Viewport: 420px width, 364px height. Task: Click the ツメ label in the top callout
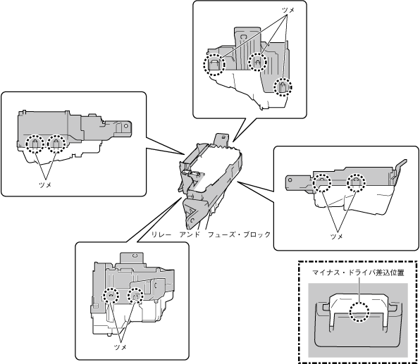point(288,10)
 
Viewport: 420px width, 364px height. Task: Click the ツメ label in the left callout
point(45,184)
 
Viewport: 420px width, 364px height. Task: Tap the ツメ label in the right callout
point(337,237)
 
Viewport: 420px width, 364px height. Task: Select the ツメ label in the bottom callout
point(121,347)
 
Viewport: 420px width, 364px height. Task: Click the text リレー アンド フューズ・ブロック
point(211,234)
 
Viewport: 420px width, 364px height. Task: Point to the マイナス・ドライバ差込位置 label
point(359,272)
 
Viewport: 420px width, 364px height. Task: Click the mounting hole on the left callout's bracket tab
point(127,125)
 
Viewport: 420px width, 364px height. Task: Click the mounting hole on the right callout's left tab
point(290,180)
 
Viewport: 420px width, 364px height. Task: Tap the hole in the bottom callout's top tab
point(135,256)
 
